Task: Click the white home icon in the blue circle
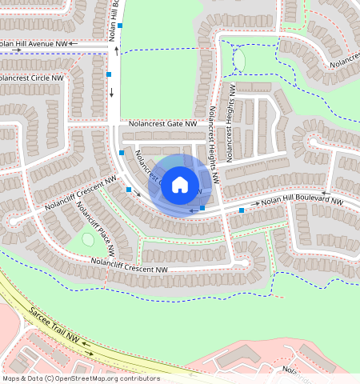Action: pos(180,185)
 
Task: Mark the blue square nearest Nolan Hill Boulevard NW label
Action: pos(242,210)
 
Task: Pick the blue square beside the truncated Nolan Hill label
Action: pos(120,26)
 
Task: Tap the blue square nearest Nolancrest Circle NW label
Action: pos(109,74)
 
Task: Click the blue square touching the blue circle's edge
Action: pos(202,208)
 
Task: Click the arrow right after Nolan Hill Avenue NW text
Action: pos(74,43)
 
